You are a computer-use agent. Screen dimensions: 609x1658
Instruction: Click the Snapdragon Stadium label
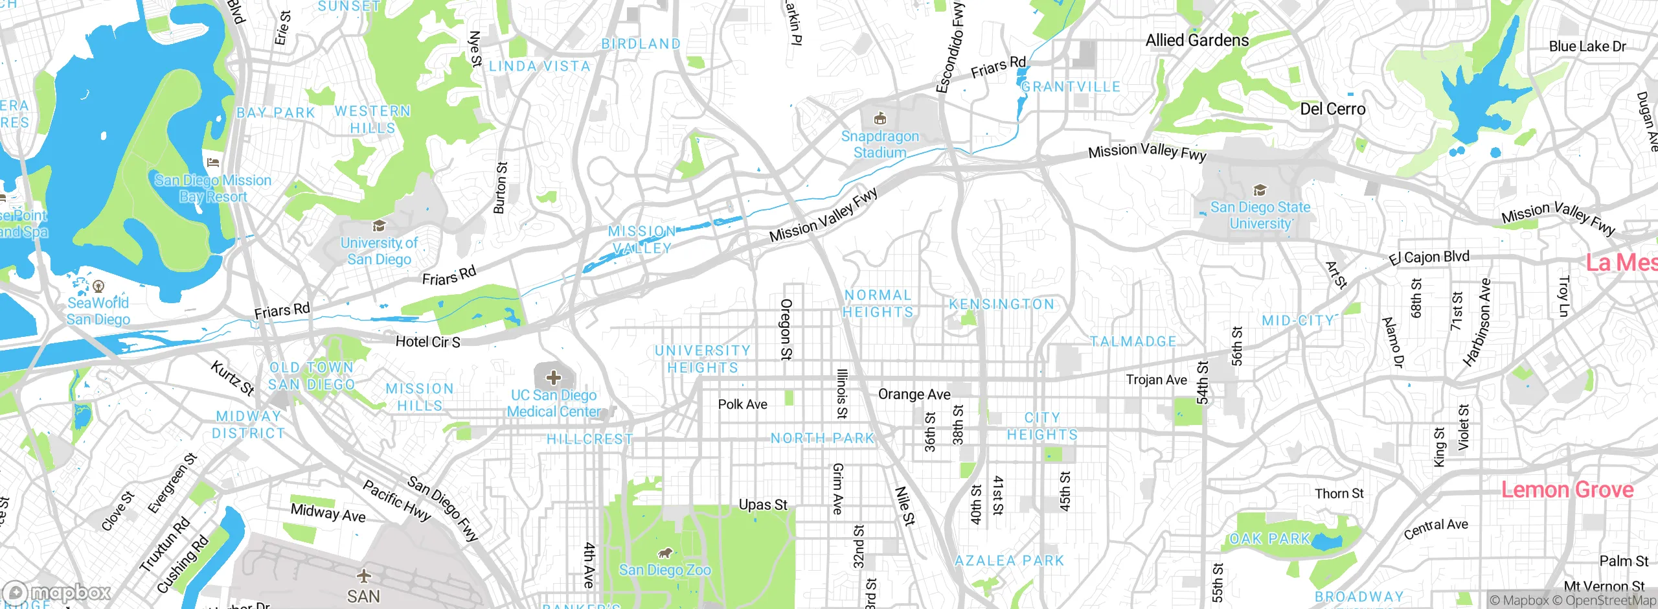click(880, 144)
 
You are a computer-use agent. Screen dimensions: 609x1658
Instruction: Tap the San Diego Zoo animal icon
click(664, 553)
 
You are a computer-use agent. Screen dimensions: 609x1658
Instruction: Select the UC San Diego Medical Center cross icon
click(553, 377)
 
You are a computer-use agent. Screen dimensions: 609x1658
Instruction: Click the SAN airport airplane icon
click(364, 575)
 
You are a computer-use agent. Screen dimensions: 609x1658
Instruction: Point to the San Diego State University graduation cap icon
click(1260, 190)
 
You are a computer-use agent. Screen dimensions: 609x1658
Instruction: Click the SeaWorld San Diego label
click(98, 311)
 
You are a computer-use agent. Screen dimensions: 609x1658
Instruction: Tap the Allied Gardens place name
click(1197, 40)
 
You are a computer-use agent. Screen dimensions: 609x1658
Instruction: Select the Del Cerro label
click(1332, 109)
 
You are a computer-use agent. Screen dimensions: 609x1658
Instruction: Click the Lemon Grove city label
click(1567, 489)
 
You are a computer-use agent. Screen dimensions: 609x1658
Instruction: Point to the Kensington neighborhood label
click(1001, 304)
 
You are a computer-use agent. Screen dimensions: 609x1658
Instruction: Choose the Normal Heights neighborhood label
click(878, 303)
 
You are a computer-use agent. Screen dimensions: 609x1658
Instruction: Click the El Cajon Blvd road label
click(1429, 258)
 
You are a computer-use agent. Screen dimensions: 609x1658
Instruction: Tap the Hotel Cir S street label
click(427, 341)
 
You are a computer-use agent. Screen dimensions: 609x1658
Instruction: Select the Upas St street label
click(763, 505)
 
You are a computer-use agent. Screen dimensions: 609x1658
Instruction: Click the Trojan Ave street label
click(1156, 380)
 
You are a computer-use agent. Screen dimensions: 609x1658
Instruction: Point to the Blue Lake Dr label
click(1587, 47)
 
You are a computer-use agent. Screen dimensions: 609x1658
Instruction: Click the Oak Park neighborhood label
click(1269, 538)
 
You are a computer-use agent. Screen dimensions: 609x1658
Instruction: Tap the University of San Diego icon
click(379, 226)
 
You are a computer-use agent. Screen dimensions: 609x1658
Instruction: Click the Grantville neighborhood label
click(1071, 87)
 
